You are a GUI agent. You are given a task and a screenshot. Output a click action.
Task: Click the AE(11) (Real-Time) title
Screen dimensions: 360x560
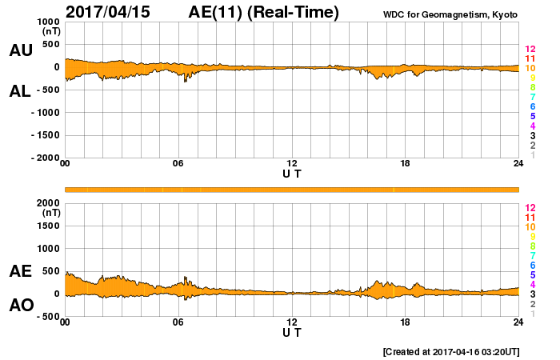(x=264, y=12)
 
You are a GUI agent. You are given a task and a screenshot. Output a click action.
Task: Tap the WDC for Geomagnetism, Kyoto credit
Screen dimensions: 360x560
(x=450, y=14)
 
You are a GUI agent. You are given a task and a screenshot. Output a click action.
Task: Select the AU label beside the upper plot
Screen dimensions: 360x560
(x=21, y=50)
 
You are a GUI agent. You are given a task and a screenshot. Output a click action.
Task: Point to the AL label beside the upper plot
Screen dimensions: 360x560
(x=21, y=90)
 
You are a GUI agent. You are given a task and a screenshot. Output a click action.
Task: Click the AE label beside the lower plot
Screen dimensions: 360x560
(x=21, y=271)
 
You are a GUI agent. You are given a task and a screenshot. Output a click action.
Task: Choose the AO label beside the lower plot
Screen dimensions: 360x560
(x=21, y=306)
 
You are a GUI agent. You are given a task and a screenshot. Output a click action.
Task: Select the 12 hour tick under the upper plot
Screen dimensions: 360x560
(x=292, y=164)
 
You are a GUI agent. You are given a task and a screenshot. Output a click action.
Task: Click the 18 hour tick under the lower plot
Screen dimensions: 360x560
(x=406, y=322)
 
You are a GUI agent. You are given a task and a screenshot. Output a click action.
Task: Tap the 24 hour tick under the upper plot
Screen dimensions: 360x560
(x=518, y=164)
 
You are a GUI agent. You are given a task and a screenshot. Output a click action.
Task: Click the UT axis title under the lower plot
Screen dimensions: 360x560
(x=292, y=332)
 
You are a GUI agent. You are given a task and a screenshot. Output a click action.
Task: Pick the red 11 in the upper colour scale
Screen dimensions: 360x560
(x=530, y=58)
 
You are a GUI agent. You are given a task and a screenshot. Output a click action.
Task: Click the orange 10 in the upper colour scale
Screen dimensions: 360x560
(x=530, y=68)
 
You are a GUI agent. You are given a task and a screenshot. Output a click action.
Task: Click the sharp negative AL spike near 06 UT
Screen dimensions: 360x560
(x=185, y=81)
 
